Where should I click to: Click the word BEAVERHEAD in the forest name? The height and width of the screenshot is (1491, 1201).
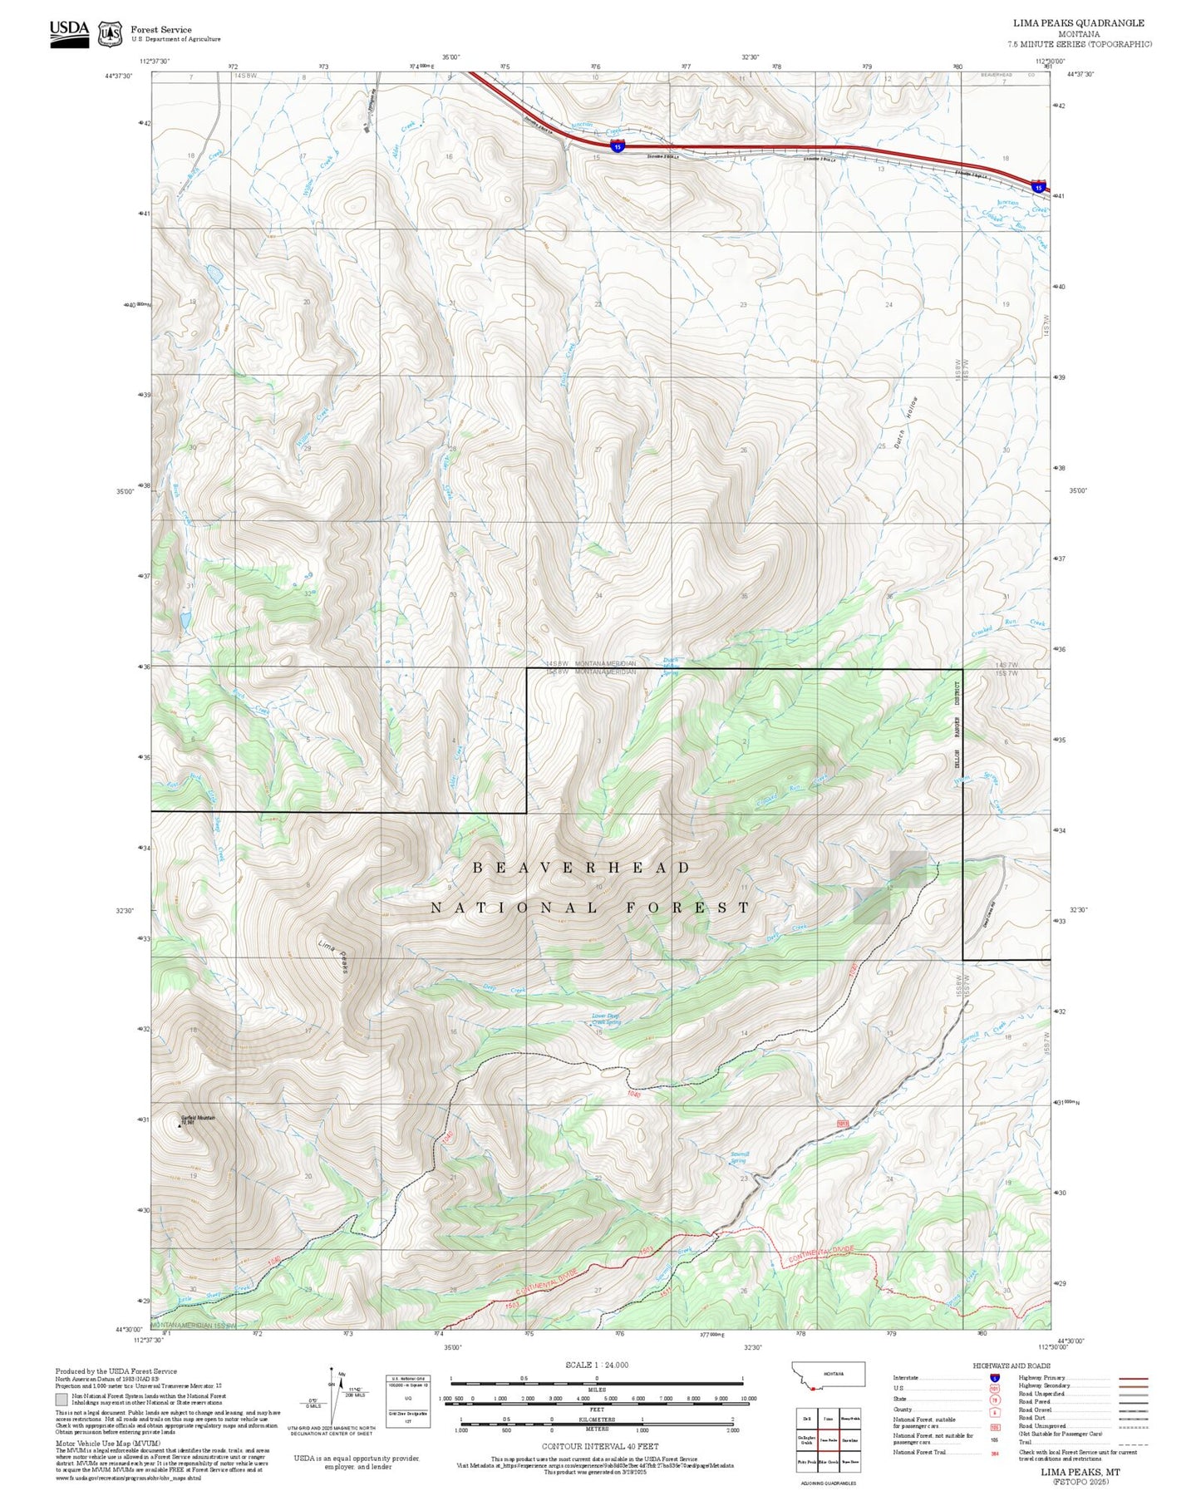pyautogui.click(x=581, y=868)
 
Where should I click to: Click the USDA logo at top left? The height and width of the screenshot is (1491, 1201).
pyautogui.click(x=69, y=33)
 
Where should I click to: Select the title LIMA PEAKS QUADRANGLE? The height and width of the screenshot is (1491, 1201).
pyautogui.click(x=1078, y=23)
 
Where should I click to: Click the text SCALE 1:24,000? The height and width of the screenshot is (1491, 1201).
pyautogui.click(x=597, y=1365)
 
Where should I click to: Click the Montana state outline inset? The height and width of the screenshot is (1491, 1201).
pyautogui.click(x=829, y=1375)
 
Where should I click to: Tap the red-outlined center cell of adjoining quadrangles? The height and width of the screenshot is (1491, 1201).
pyautogui.click(x=829, y=1440)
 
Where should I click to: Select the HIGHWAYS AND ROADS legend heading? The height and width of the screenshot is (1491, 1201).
pyautogui.click(x=1011, y=1366)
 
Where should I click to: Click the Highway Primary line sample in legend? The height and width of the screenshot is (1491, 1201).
pyautogui.click(x=1133, y=1378)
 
